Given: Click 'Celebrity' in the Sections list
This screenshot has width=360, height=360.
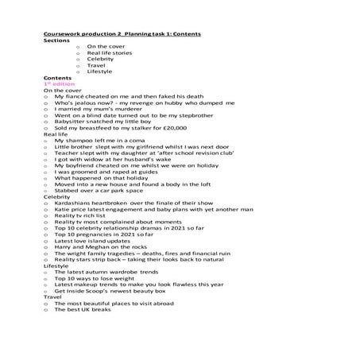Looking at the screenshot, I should (100, 59).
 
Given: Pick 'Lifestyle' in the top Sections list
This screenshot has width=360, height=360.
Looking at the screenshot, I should (100, 72).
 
